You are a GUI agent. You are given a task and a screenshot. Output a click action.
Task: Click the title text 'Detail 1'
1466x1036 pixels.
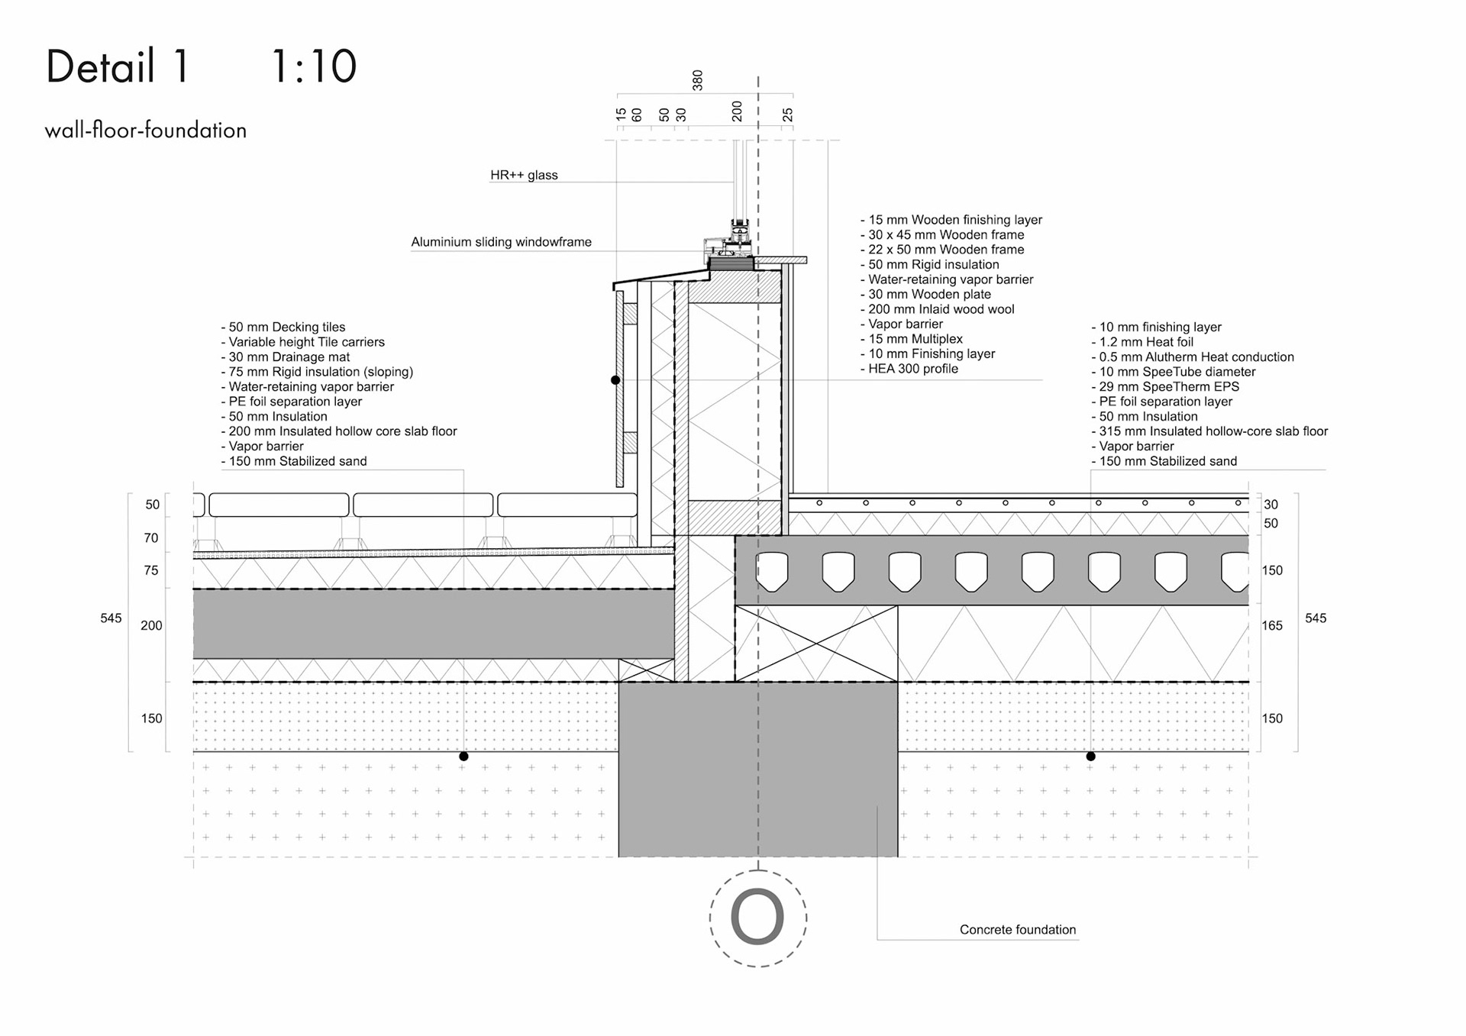[118, 66]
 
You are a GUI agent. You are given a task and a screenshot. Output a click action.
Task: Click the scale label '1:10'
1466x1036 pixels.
[314, 66]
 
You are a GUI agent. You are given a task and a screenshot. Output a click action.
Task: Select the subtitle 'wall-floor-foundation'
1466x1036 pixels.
[146, 131]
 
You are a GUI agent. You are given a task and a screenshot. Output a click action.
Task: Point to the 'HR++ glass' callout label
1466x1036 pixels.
[524, 175]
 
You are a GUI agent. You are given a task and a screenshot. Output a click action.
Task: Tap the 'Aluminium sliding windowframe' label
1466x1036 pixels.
[501, 242]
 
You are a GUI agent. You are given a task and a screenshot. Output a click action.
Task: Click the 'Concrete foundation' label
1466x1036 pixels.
[1017, 930]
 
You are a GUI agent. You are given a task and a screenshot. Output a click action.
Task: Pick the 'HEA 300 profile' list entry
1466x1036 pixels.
[912, 369]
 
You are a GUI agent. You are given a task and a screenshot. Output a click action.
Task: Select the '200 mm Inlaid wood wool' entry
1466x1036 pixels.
[941, 309]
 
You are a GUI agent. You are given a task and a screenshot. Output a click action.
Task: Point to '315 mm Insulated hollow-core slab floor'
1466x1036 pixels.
[1213, 431]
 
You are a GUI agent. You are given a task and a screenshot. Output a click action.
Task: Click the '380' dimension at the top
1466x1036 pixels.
[697, 80]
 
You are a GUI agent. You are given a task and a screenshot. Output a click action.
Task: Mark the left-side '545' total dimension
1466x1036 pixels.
[111, 618]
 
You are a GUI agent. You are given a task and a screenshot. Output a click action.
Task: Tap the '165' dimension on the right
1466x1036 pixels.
[1272, 626]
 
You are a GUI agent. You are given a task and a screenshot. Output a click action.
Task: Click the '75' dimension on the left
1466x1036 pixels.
[151, 570]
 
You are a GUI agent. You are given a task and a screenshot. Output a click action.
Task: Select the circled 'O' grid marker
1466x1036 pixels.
[757, 918]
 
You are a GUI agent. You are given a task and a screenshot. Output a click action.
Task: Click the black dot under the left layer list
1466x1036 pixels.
[463, 757]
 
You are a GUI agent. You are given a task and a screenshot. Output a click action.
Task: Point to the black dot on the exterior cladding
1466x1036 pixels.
[615, 380]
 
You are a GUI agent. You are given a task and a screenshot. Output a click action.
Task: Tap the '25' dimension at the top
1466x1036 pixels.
[787, 115]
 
